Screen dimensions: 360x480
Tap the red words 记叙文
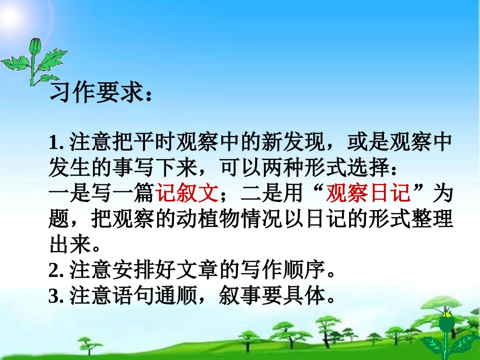pyautogui.click(x=187, y=192)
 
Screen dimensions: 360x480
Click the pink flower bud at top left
pyautogui.click(x=34, y=45)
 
